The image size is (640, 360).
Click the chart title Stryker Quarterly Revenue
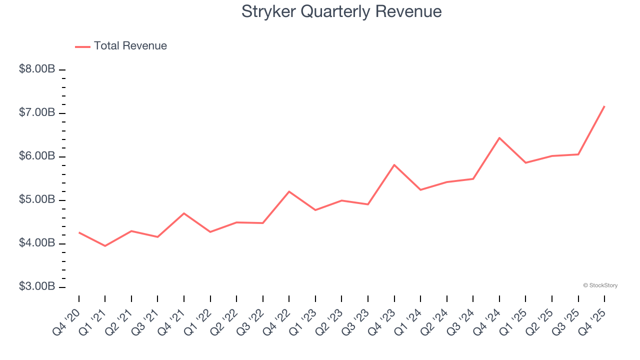[x=341, y=11]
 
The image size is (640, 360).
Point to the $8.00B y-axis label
[x=36, y=69]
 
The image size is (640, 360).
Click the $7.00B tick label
[x=36, y=113]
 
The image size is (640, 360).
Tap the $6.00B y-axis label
[x=36, y=156]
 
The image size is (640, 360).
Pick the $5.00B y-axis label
[x=36, y=200]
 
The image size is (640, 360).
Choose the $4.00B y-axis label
[x=36, y=243]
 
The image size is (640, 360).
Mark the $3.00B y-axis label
[x=36, y=287]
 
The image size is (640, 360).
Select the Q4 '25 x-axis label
[x=593, y=321]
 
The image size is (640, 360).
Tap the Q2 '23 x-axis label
[x=330, y=321]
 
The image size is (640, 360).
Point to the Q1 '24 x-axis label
[x=409, y=321]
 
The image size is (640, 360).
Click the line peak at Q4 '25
[x=604, y=106]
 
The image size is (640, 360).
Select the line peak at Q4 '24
[x=499, y=137]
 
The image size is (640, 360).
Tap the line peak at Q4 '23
[x=394, y=164]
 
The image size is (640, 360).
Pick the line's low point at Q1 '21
[x=105, y=246]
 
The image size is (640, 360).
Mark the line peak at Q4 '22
[x=289, y=191]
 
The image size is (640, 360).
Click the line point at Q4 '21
[x=184, y=213]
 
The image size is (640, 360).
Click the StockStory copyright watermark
[x=600, y=285]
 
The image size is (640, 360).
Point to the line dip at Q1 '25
[x=525, y=162]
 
